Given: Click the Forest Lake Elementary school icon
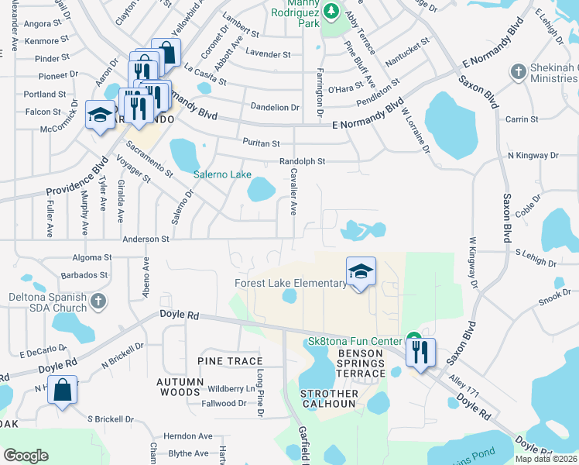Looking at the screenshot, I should coord(361,272).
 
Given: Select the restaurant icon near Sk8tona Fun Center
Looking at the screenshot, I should coord(420,353).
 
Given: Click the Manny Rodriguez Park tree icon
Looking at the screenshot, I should coord(331,11).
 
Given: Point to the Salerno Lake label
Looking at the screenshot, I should coord(221,174).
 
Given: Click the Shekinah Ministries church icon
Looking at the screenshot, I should coord(518,72).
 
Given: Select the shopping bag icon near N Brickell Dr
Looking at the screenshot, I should coord(63,390).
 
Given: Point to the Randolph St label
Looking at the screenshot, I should coord(303,161).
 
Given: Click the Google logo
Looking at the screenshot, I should coord(26,456).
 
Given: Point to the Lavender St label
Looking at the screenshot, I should coord(268,54).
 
